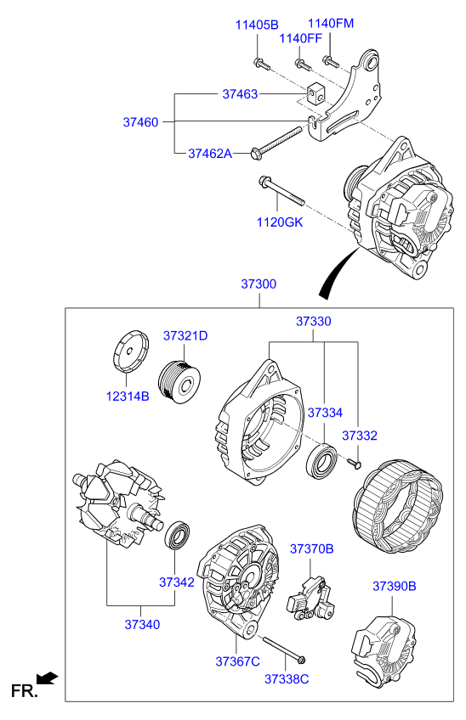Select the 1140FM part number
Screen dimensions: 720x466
330,23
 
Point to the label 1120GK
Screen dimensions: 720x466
280,222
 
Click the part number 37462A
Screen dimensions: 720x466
210,154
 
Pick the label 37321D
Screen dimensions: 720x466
185,336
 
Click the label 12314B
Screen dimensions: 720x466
128,396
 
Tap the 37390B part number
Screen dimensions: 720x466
394,586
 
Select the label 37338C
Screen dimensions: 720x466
287,678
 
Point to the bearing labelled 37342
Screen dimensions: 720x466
178,537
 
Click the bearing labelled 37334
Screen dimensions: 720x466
323,461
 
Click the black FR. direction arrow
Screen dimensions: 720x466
50,678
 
